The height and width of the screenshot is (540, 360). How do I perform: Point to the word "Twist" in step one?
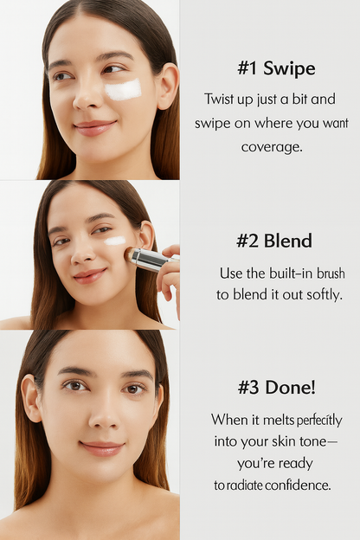(221, 99)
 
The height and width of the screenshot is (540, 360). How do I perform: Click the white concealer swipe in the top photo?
(124, 89)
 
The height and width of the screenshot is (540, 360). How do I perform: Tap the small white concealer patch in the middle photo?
(115, 241)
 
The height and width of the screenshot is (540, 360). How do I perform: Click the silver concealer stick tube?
(153, 260)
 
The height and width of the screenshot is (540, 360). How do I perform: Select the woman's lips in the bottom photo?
(101, 447)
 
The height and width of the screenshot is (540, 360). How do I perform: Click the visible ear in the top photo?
(167, 85)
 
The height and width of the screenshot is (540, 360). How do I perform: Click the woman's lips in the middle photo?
(88, 275)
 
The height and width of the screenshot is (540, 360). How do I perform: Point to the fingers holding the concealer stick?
(170, 273)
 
